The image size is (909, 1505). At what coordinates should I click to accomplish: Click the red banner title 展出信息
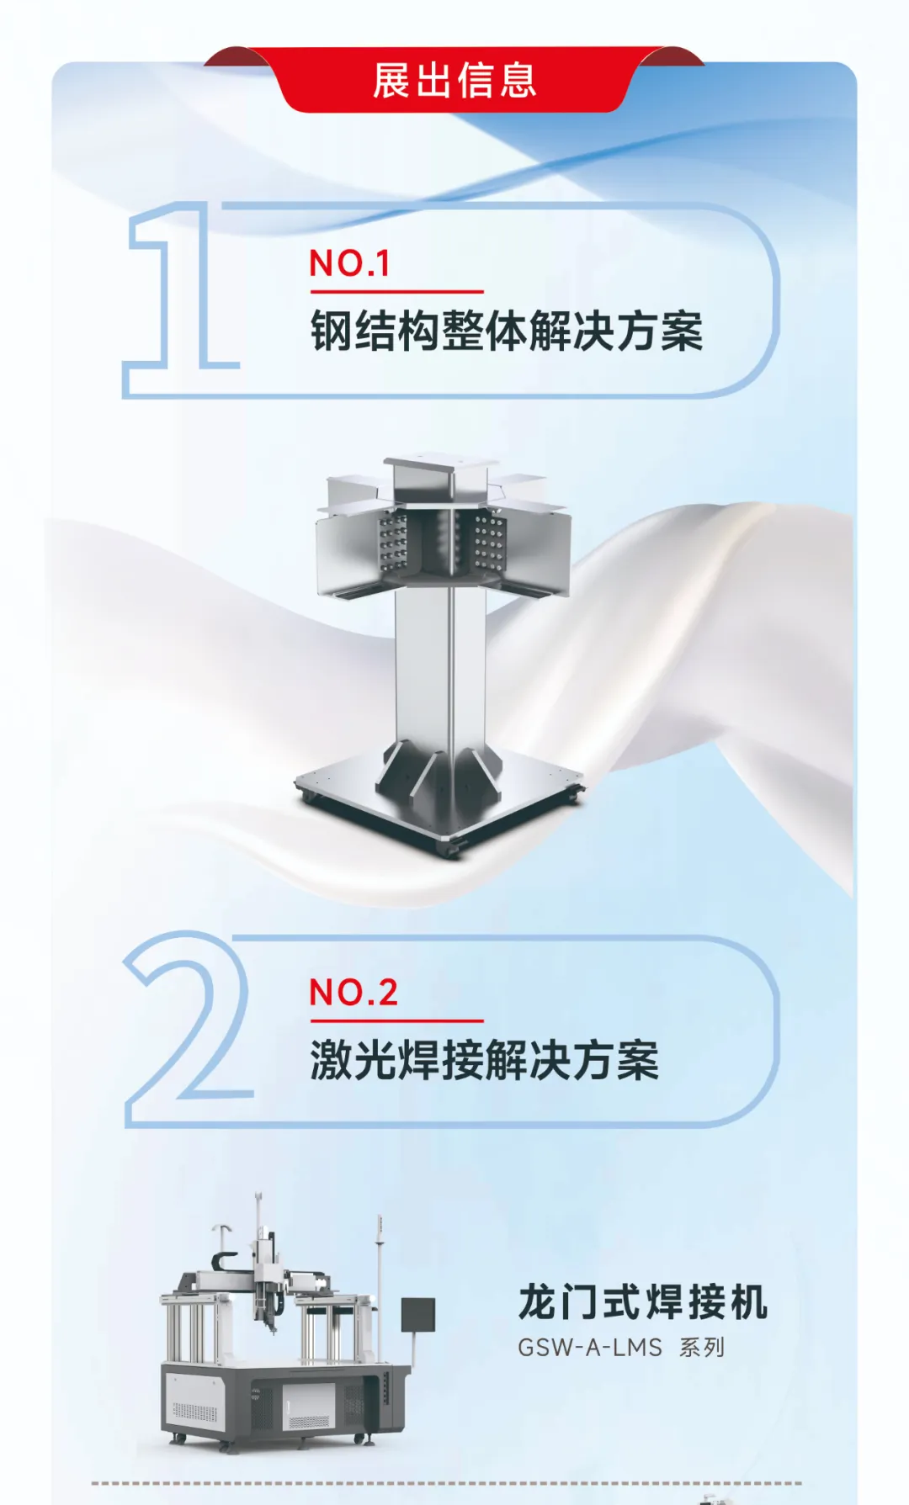coord(454,81)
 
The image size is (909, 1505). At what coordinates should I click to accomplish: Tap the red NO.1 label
coord(349,263)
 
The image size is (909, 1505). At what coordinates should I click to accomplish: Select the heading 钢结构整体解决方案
coord(506,331)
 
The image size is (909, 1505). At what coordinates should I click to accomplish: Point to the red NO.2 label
coord(353,993)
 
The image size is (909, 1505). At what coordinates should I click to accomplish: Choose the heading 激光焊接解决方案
coord(484,1060)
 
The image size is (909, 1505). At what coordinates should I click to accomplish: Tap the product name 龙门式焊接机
coord(642,1302)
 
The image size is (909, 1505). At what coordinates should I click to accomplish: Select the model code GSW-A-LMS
coord(589,1348)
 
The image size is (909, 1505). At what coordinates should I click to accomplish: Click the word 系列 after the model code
coord(701,1348)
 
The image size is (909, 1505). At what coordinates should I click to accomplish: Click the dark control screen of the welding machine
coord(417,1315)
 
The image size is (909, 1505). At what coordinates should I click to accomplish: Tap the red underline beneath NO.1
coord(396,292)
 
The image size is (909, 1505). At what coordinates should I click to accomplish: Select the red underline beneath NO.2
coord(396,1021)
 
